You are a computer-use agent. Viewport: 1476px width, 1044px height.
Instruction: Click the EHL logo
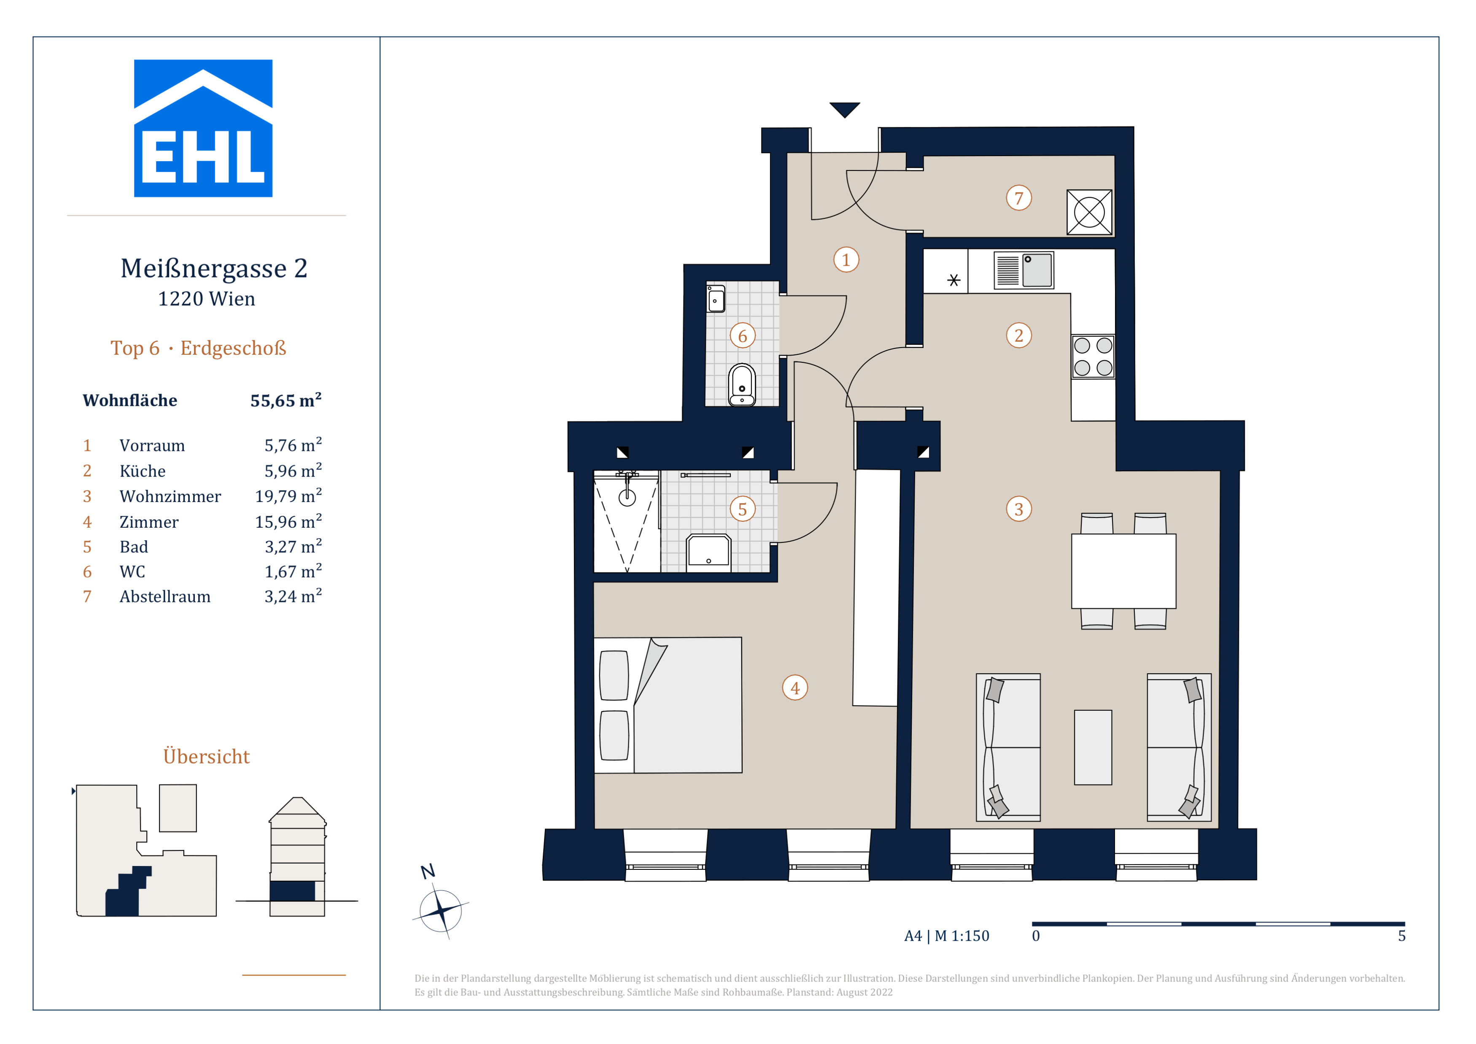[203, 129]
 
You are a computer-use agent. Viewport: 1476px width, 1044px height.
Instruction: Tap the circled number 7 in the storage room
[1019, 198]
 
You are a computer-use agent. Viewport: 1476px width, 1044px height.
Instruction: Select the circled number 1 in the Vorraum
[846, 260]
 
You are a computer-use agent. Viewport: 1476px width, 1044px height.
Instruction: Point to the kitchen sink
[1024, 270]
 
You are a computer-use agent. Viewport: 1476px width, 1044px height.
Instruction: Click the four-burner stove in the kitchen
[1093, 356]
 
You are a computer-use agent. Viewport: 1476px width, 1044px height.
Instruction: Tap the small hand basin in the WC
[716, 299]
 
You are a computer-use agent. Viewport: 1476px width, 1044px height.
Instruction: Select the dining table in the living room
[1123, 571]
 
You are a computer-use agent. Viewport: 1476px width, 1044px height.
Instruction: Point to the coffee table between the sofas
[1093, 747]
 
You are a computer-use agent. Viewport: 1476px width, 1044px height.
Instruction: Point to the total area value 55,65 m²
[286, 400]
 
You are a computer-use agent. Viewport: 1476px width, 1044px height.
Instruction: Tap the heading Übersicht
[206, 756]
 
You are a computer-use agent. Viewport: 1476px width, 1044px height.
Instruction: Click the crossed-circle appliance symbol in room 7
[1089, 212]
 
